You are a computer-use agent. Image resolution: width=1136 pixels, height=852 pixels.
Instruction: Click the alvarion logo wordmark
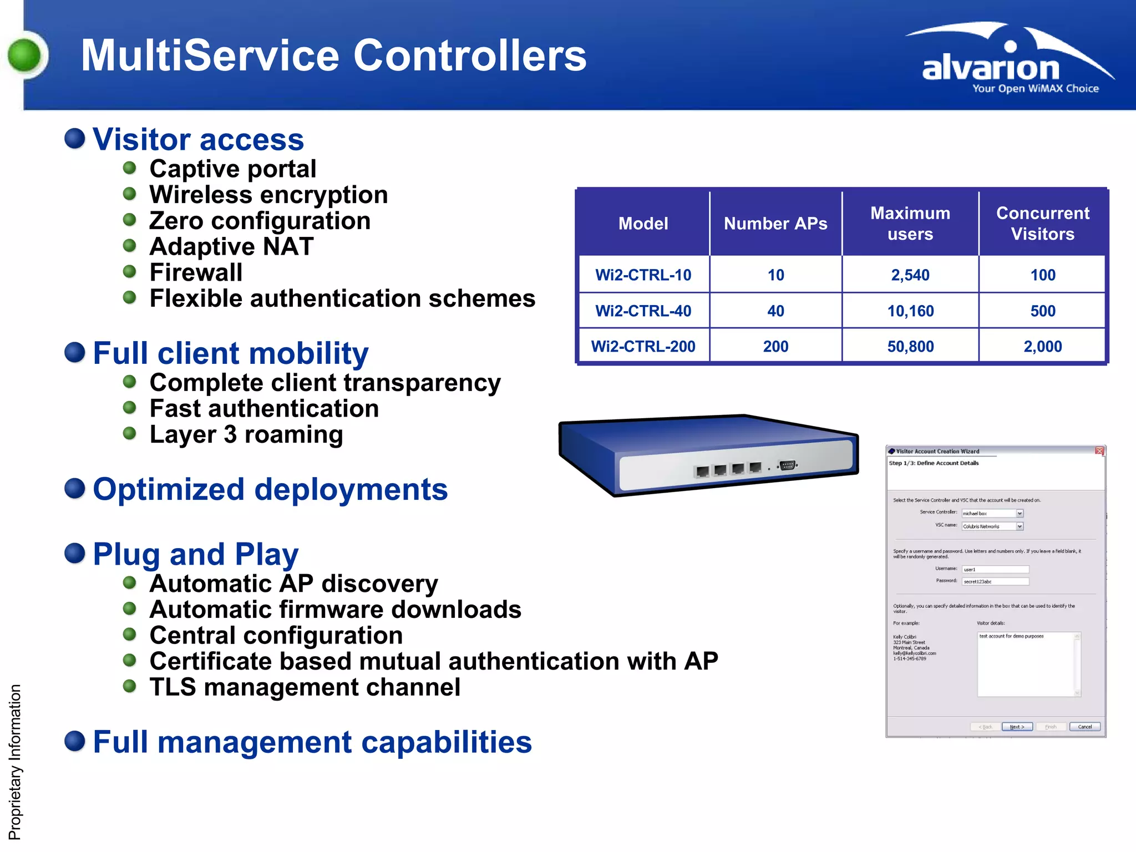click(991, 68)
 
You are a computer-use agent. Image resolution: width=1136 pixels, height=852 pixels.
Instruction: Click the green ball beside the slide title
click(25, 55)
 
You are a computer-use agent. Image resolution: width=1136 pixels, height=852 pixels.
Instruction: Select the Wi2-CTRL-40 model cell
click(643, 311)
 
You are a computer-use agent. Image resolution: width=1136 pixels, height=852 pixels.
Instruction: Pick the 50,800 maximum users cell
click(910, 347)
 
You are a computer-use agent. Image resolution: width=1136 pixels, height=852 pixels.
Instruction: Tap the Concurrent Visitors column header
click(1042, 224)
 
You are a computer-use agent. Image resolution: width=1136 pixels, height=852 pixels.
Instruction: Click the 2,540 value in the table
click(910, 275)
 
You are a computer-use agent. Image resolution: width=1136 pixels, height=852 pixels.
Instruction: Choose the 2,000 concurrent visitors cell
click(1042, 347)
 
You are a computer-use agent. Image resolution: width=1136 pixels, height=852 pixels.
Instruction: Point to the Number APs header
click(775, 224)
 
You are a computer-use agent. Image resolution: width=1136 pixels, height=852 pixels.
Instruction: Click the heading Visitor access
click(198, 139)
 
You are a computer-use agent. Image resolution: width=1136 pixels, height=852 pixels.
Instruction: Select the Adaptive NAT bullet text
click(231, 246)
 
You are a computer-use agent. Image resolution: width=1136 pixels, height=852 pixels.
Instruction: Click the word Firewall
click(196, 272)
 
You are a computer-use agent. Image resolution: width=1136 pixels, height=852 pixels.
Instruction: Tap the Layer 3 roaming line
click(246, 434)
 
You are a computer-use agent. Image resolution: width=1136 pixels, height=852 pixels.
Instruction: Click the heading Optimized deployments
click(270, 489)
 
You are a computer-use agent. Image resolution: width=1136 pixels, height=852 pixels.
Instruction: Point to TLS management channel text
click(305, 687)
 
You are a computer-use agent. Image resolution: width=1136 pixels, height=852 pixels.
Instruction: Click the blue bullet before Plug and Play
click(75, 553)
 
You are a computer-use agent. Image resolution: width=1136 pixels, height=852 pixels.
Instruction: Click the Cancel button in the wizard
click(1084, 727)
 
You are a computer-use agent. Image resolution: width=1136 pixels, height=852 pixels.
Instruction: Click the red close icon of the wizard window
click(1099, 451)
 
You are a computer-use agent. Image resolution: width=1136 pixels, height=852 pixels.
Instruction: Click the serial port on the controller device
click(787, 465)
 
